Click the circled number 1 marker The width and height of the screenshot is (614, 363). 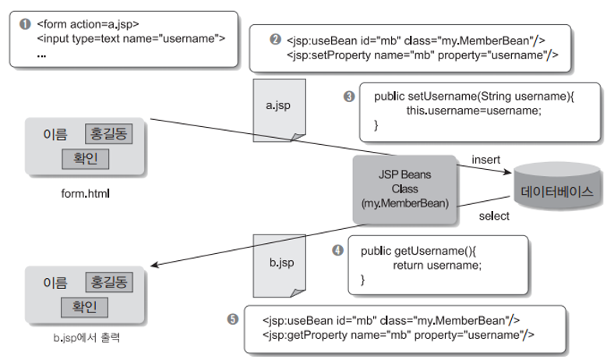[x=23, y=23]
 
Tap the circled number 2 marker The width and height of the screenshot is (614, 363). [x=275, y=39]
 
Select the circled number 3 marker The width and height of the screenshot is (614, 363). [x=349, y=96]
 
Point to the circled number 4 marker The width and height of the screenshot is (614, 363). [x=337, y=250]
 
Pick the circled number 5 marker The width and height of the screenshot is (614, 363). [x=232, y=319]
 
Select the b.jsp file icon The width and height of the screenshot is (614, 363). [x=279, y=264]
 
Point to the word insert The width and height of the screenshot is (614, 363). [x=486, y=160]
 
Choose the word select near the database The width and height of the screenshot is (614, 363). [x=493, y=216]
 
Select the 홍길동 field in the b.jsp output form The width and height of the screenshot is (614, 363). [x=108, y=281]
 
